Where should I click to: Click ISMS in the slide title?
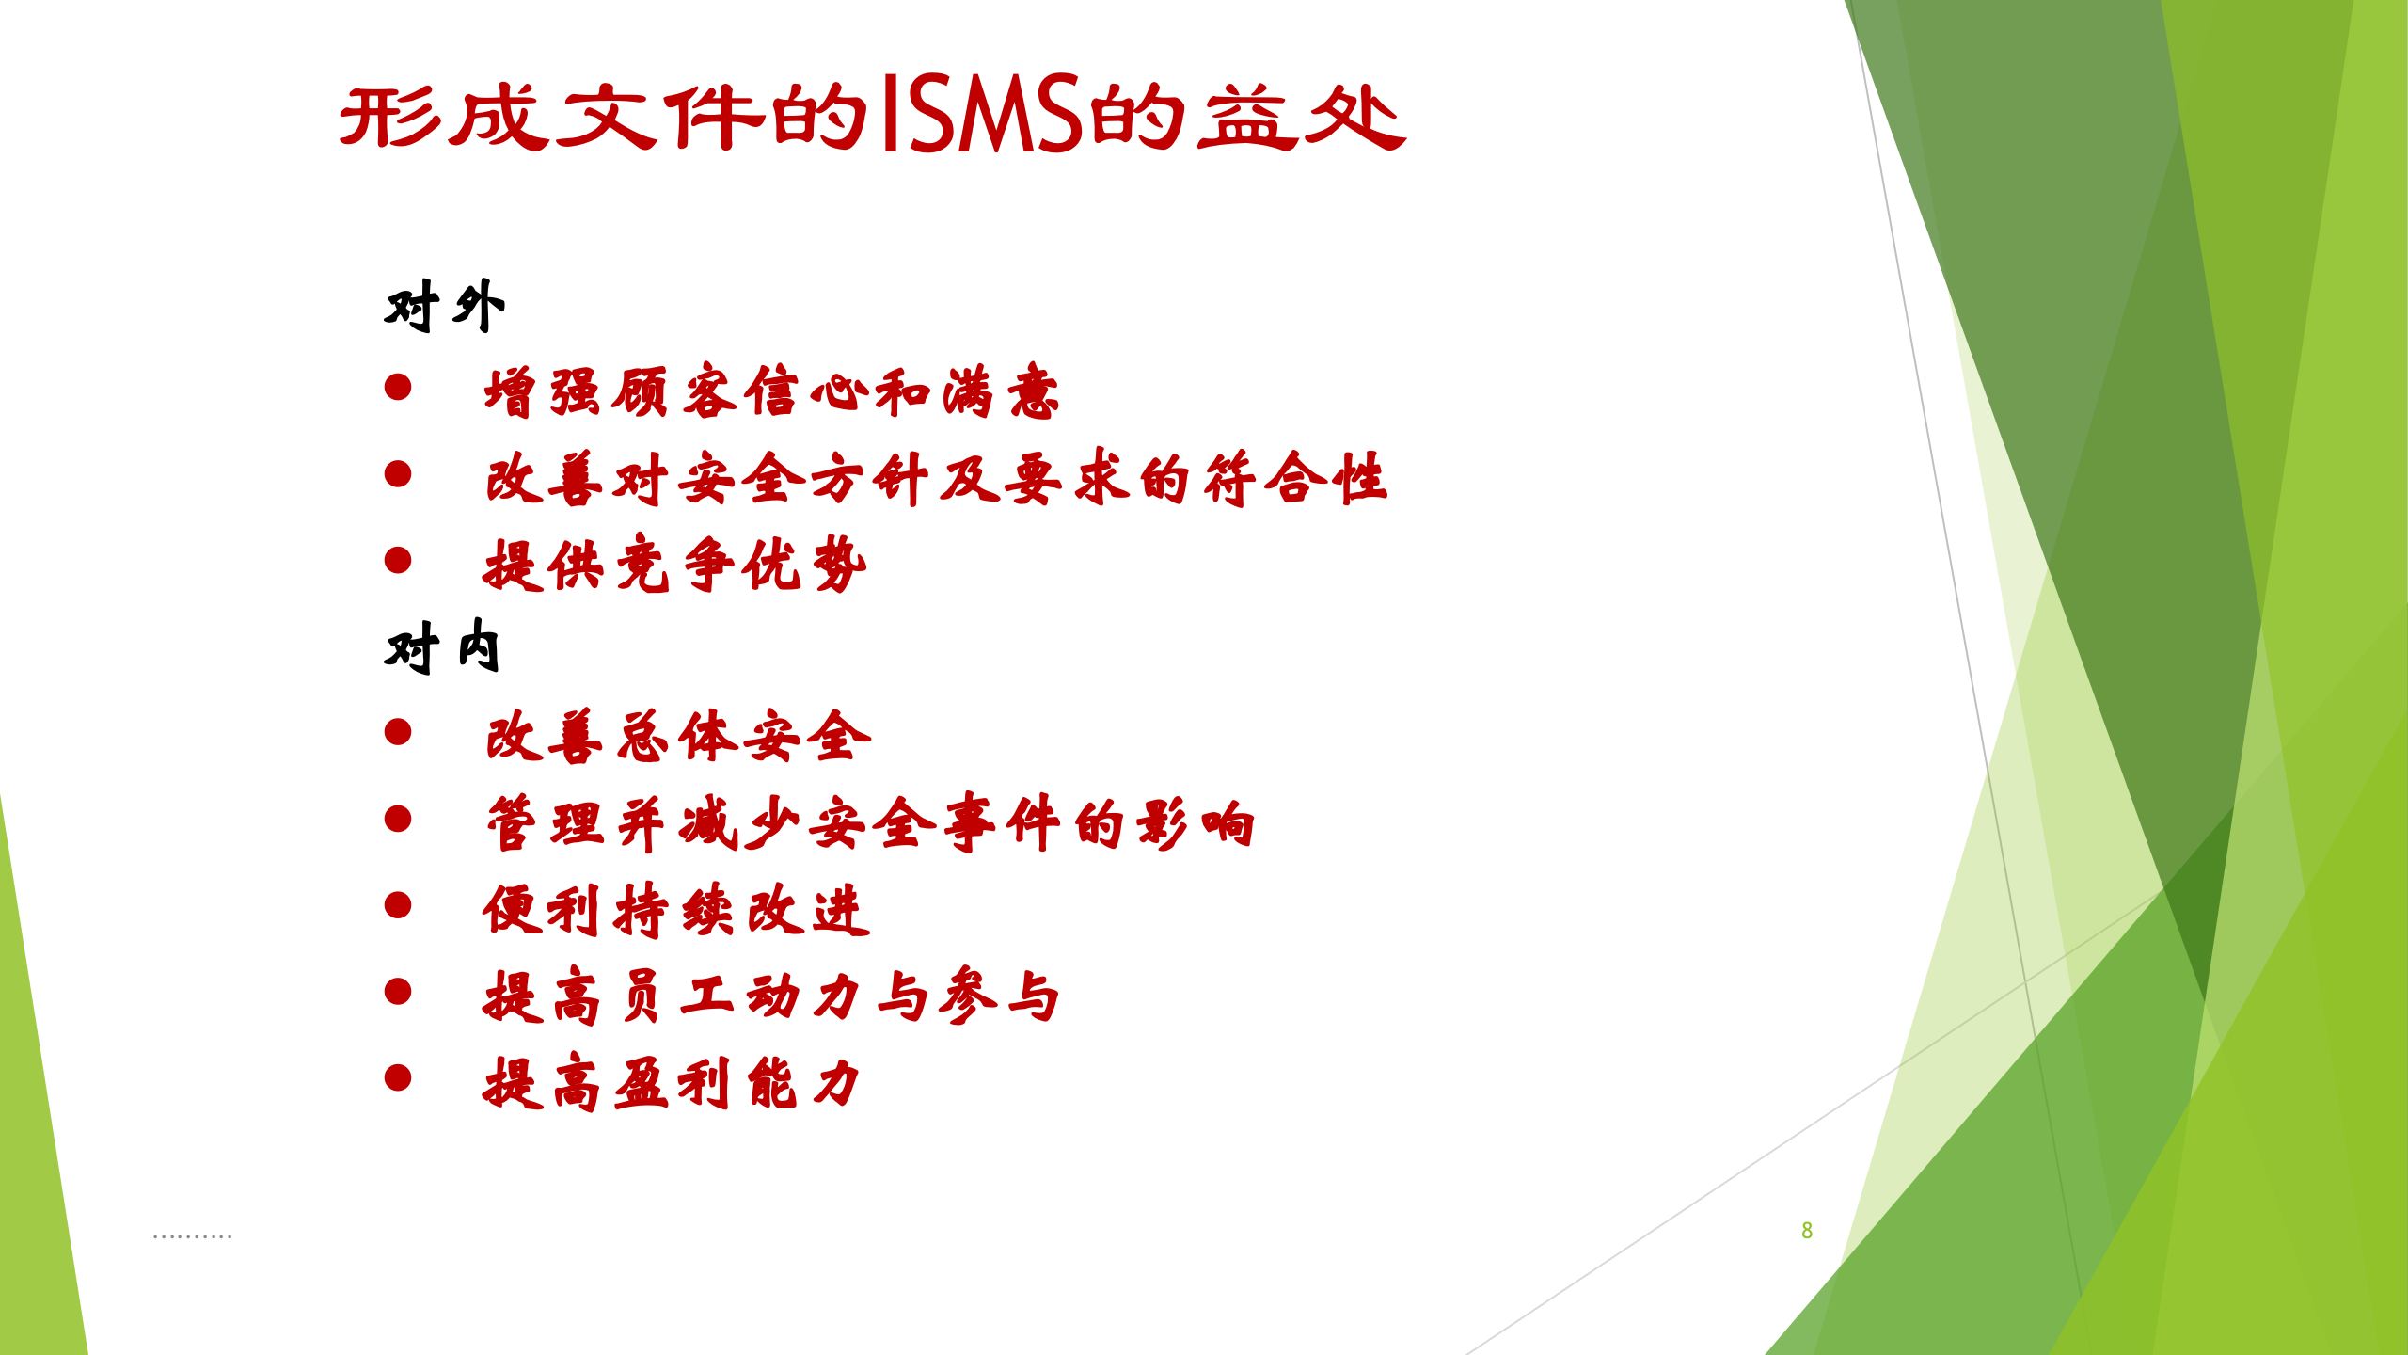(982, 115)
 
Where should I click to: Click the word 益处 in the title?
(1302, 117)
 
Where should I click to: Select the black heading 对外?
(444, 306)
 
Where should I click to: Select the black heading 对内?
(442, 647)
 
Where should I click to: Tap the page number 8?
(1806, 1230)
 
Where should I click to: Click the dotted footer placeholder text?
(192, 1235)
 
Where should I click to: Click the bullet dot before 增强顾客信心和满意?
(398, 387)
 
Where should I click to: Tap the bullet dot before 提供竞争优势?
(398, 560)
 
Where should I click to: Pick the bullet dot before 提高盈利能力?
(398, 1077)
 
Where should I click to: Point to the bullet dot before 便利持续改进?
(398, 905)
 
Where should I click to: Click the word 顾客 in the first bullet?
(673, 391)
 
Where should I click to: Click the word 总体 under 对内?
(677, 737)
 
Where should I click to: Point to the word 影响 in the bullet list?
(1195, 823)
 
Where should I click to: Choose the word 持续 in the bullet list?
(673, 910)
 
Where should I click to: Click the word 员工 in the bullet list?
(673, 996)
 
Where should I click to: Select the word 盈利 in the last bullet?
(673, 1082)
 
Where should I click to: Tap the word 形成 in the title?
(442, 117)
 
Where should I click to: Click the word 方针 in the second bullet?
(869, 478)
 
